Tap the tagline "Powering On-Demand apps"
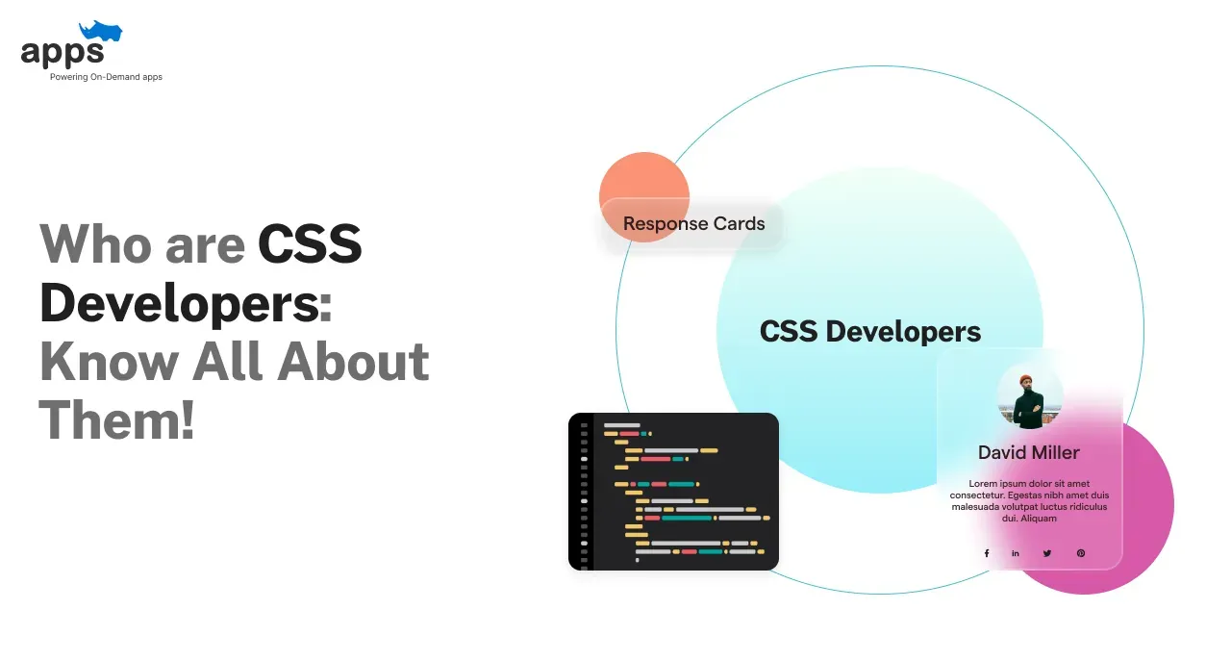click(x=106, y=77)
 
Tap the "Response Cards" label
click(x=693, y=224)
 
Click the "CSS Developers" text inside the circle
click(x=870, y=332)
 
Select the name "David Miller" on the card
click(x=1028, y=452)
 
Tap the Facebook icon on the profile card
click(x=986, y=553)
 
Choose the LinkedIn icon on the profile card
click(x=1016, y=553)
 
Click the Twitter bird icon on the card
click(x=1047, y=553)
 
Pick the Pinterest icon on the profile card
click(x=1080, y=553)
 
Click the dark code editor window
click(x=673, y=492)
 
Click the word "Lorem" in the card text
click(x=985, y=483)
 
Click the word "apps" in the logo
click(x=62, y=53)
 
